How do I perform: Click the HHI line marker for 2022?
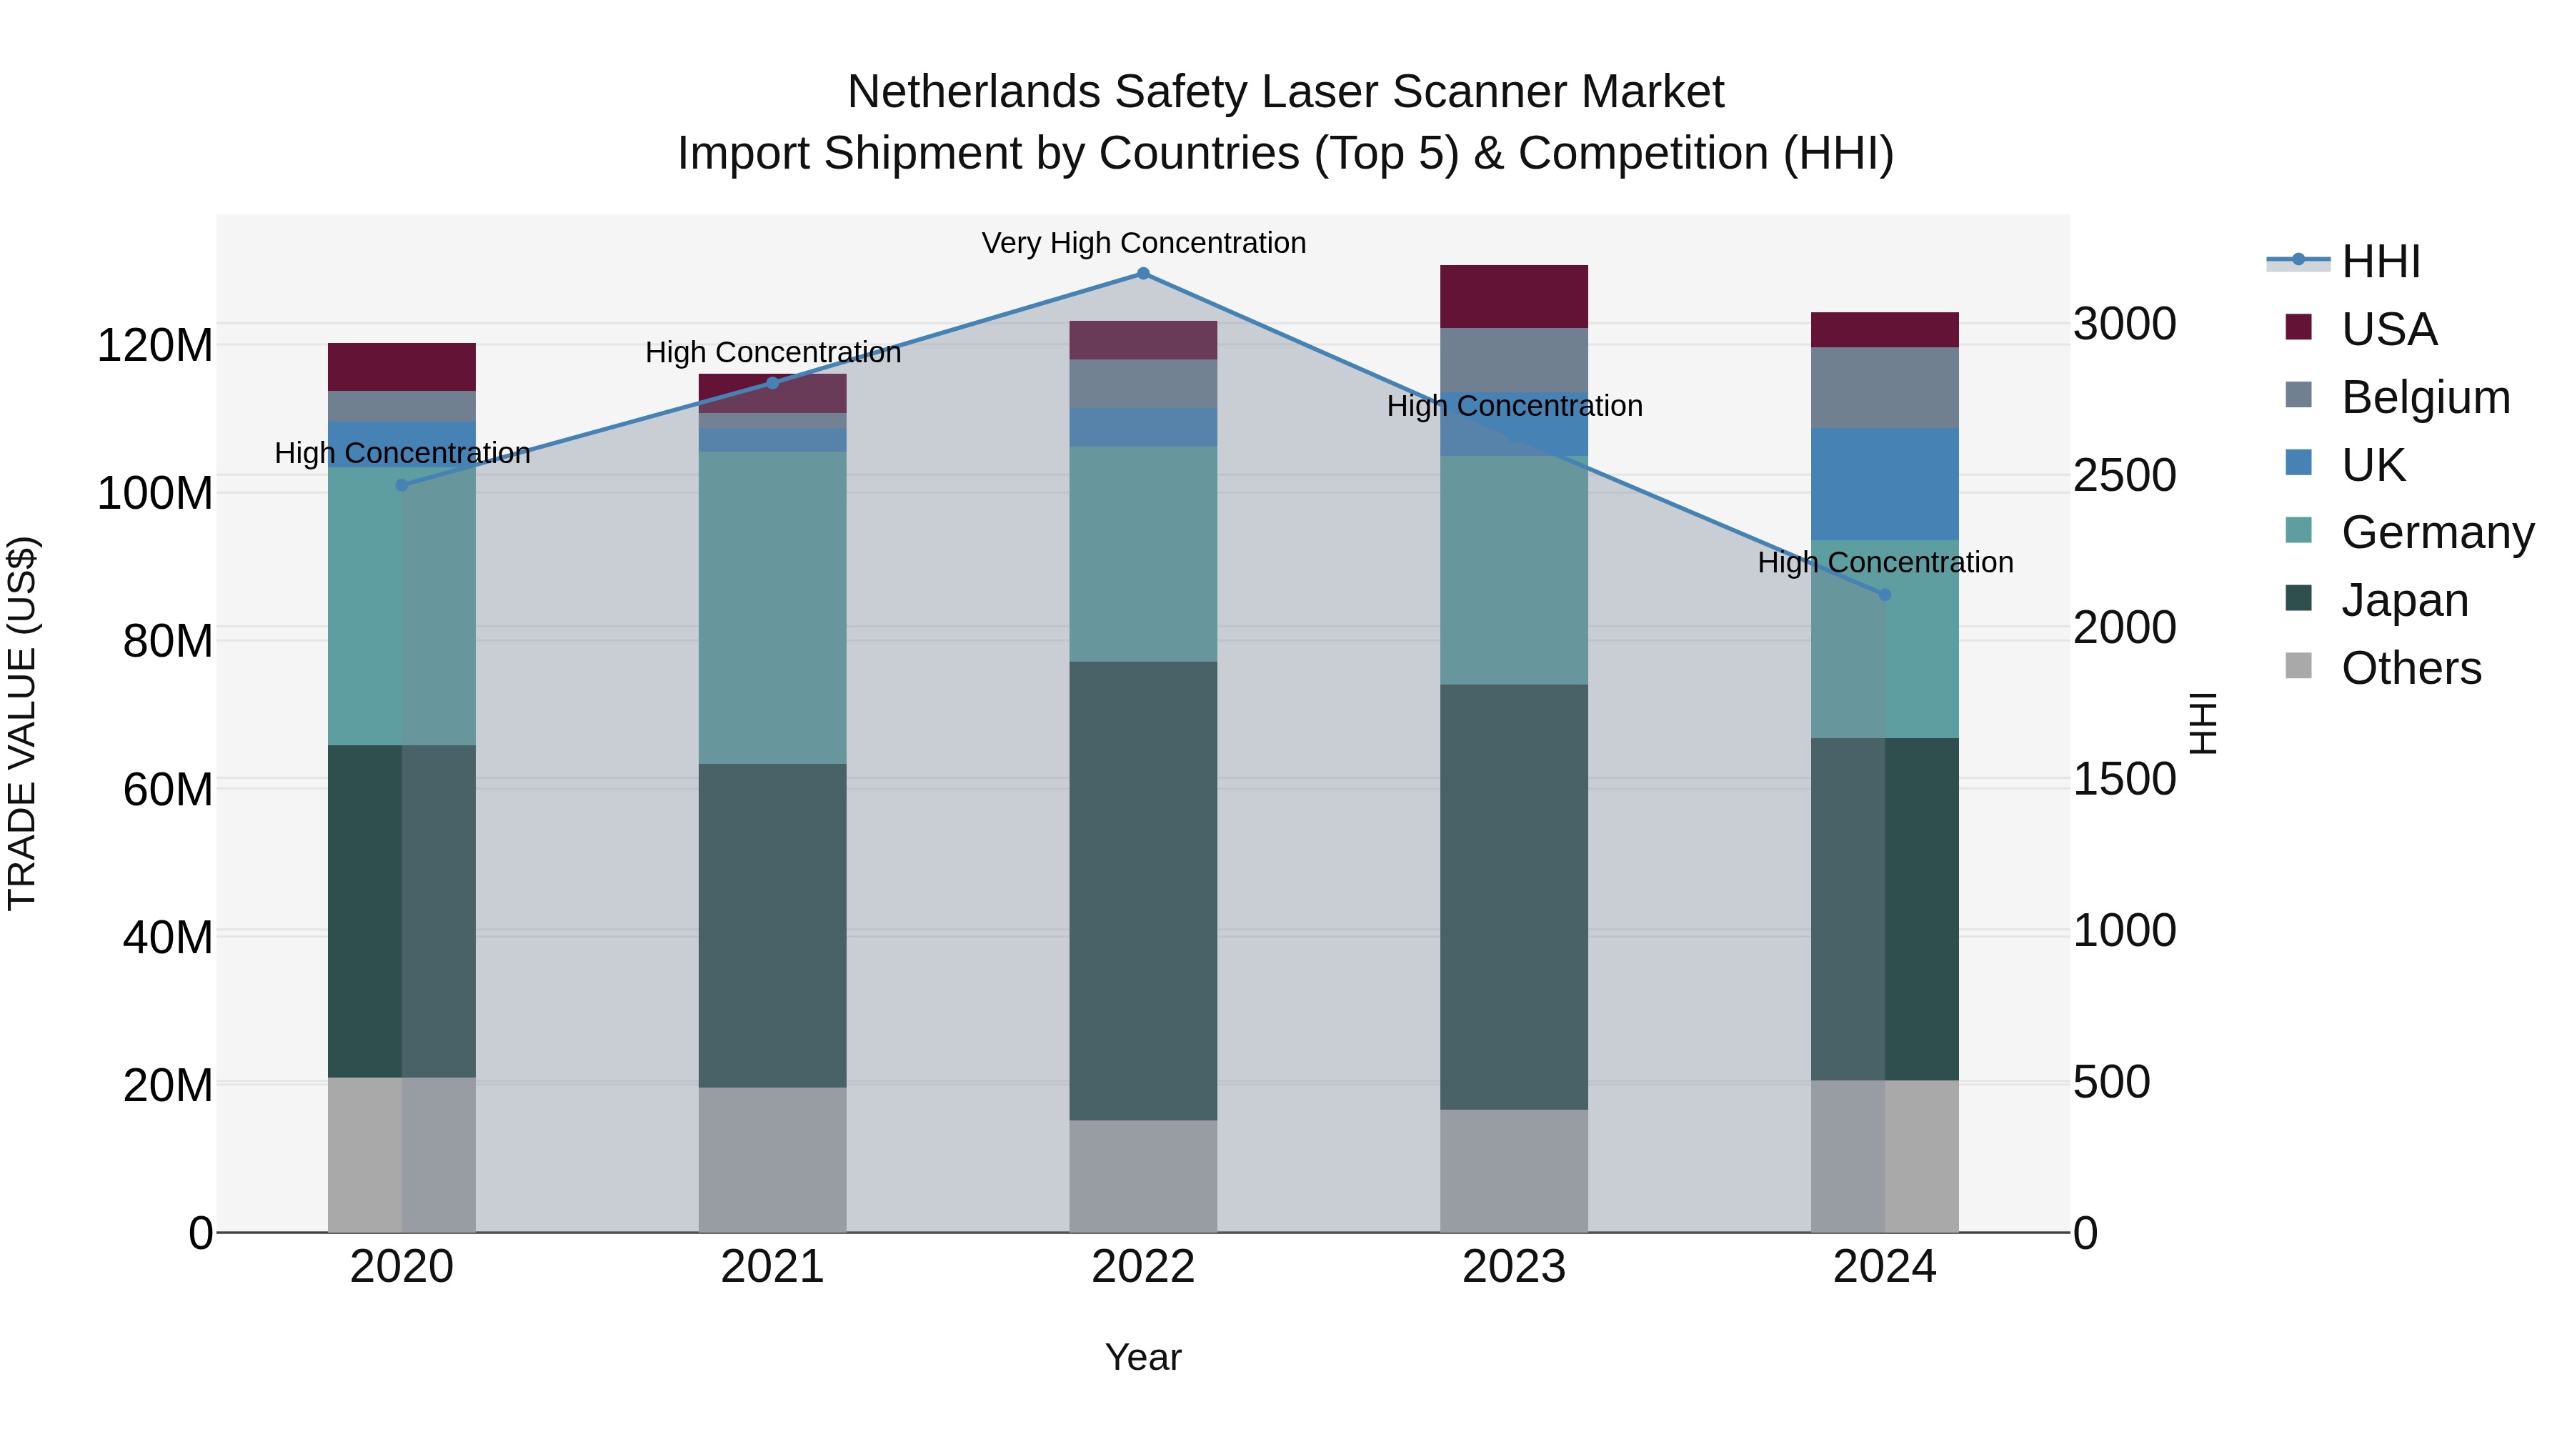[1143, 274]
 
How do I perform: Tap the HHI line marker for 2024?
[1884, 595]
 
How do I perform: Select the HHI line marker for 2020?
[402, 485]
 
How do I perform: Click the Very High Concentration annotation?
[1143, 244]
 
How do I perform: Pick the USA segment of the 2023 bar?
[1514, 297]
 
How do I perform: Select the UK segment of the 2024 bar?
[1884, 484]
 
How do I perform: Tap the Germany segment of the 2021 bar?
[772, 607]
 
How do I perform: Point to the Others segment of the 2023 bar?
[1514, 1170]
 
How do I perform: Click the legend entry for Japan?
[2404, 600]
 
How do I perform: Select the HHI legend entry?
[2381, 262]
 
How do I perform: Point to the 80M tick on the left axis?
[168, 641]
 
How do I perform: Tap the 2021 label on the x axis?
[772, 1267]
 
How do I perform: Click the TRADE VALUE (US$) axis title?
[23, 723]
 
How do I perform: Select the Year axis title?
[1143, 1357]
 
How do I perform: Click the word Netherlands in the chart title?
[975, 93]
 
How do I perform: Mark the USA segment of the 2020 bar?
[402, 367]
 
